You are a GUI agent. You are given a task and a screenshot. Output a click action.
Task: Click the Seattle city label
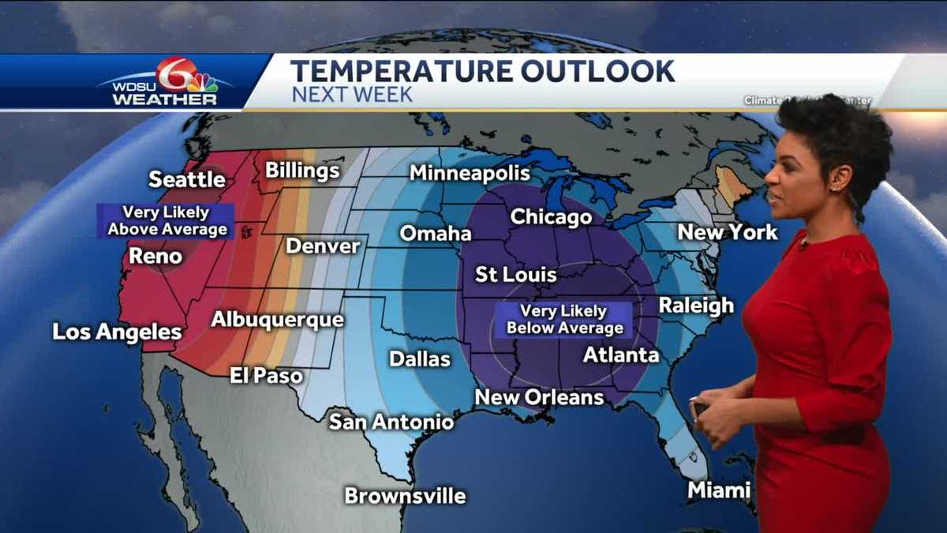coord(187,179)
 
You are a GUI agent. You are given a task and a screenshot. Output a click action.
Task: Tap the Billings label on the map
coord(302,171)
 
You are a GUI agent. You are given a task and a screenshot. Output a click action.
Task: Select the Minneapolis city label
coord(470,173)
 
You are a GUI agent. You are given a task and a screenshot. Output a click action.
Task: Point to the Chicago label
coord(551,216)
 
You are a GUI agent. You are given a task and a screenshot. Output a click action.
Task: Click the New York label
coord(728,232)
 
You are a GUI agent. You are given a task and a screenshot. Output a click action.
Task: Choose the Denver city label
coord(323,246)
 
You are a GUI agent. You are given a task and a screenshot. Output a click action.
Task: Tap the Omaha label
coord(436,234)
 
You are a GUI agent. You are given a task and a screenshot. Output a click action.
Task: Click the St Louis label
coord(515,275)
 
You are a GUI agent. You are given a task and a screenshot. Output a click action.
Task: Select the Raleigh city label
coord(696,306)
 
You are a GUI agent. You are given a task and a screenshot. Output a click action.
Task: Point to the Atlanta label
coord(620,355)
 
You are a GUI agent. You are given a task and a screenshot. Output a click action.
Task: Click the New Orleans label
coord(539,397)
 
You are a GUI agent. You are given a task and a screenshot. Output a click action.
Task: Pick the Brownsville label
coord(405,496)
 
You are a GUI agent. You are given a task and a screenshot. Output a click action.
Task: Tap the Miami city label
coord(718,490)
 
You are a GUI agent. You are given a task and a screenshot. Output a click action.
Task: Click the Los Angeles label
coord(117,332)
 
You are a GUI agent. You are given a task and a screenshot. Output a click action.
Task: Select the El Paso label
coord(267,375)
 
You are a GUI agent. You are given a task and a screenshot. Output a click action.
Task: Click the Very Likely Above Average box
coord(166,221)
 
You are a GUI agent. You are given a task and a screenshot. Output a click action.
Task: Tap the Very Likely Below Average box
coord(564,320)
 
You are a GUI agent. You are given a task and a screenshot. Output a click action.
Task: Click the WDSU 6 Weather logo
coord(166,83)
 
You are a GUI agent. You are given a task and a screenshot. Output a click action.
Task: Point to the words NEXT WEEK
coord(352,95)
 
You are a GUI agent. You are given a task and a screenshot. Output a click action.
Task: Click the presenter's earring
coord(833,188)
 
